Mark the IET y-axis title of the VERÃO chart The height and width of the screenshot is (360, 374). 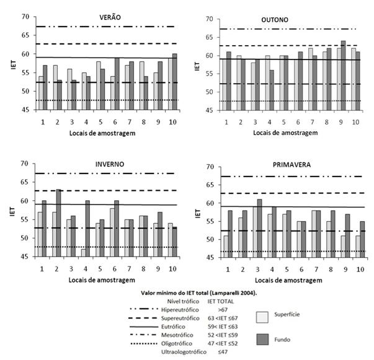click(12, 63)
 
